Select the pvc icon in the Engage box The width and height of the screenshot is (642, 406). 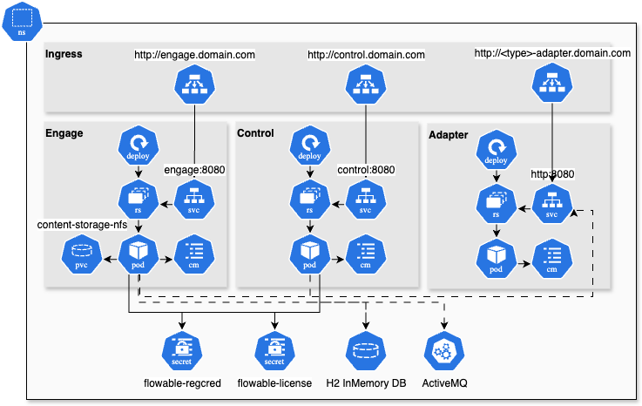pos(79,253)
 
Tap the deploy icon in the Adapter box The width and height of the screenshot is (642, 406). pos(496,151)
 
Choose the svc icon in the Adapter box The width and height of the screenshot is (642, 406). pos(551,204)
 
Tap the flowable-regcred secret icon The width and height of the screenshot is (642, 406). pos(180,350)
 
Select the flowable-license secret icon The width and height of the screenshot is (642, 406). pos(274,350)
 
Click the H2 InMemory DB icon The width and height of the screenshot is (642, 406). pos(365,350)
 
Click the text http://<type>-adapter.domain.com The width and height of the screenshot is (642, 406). pos(552,53)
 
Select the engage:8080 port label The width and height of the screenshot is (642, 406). pos(194,170)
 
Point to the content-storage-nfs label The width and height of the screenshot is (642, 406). pos(82,226)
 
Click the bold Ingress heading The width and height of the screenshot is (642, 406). pos(64,55)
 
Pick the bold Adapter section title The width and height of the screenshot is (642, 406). pos(448,135)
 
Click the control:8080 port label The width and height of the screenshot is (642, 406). pos(366,170)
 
